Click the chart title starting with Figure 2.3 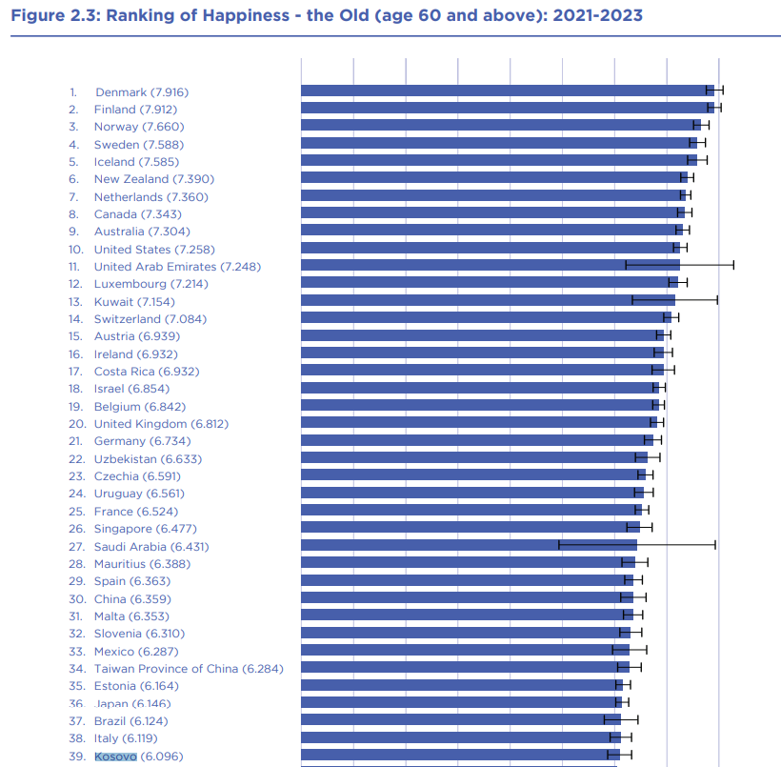coord(327,15)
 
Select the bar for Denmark coord(508,91)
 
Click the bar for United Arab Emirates coord(491,265)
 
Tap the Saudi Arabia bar coord(470,545)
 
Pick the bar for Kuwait coord(488,300)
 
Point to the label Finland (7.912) coord(135,110)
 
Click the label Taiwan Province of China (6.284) coord(189,669)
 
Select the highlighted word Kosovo coord(115,757)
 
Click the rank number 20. coord(77,424)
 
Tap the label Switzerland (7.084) coord(150,319)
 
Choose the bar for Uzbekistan coord(474,457)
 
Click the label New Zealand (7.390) coord(154,179)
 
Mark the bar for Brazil coord(461,719)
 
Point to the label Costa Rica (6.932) coord(147,372)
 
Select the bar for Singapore coord(471,527)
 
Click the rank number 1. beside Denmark coord(73,92)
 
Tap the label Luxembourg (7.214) coord(151,284)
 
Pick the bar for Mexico coord(465,650)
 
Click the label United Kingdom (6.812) coord(161,424)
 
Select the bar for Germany coord(477,440)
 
